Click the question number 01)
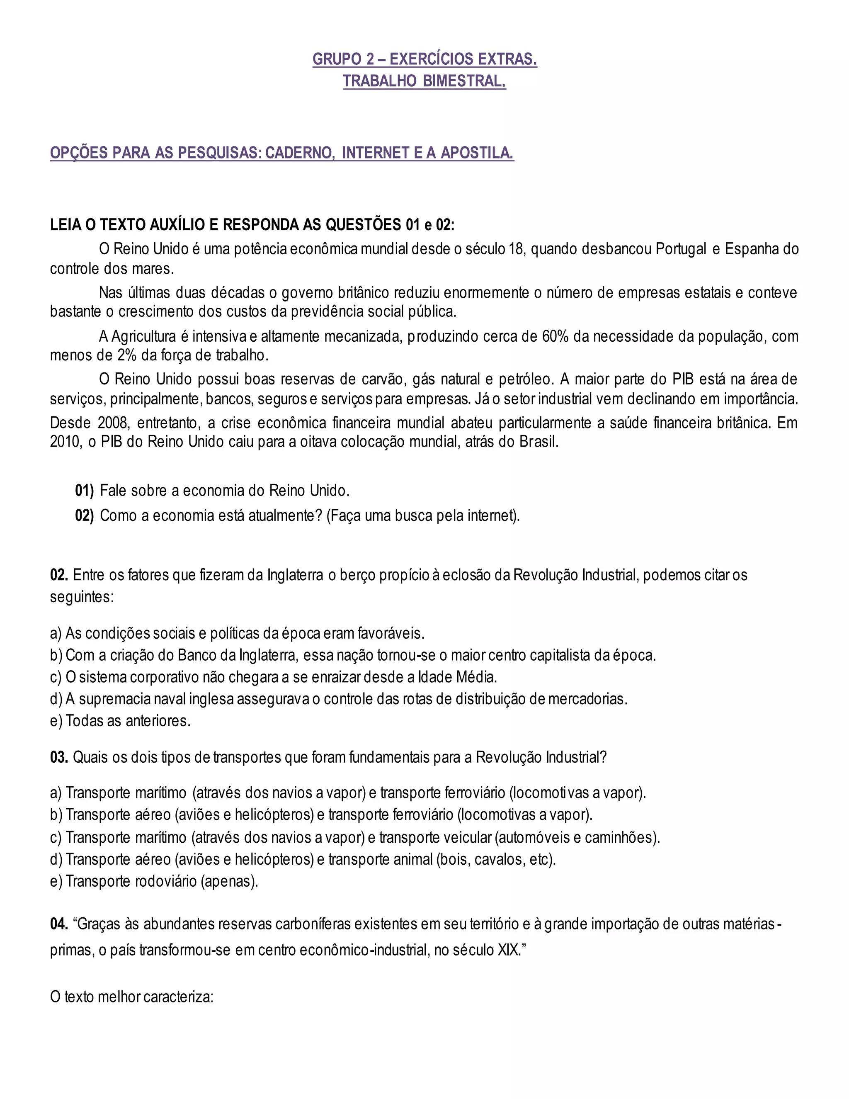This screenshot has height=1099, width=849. [84, 491]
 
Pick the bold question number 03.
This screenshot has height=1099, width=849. [58, 757]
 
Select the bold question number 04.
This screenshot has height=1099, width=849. [58, 924]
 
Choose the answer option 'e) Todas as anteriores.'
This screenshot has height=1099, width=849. [120, 721]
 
